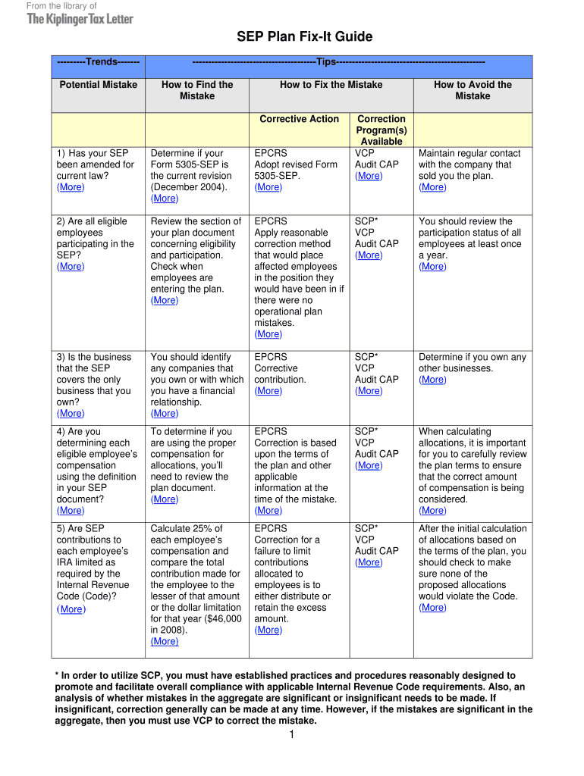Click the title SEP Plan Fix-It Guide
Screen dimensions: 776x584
pos(294,37)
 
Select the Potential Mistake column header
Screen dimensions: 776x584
pos(99,85)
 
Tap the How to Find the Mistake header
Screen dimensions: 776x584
pos(197,90)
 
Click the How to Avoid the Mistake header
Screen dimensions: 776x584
pos(473,90)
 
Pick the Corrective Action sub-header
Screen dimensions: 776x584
pos(300,119)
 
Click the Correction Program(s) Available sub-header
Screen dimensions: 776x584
pos(381,130)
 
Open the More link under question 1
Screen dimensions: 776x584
pos(71,187)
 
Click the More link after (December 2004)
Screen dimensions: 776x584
pos(165,199)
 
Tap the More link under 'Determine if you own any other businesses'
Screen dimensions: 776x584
pos(432,380)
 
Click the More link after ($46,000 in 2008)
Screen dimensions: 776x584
pos(165,641)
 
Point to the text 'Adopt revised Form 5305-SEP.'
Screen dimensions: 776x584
pos(296,171)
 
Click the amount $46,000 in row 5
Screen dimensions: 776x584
pos(221,619)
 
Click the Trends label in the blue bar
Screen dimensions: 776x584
pos(99,61)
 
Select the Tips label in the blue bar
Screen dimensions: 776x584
pos(328,61)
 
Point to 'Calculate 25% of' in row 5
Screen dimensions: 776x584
pos(187,529)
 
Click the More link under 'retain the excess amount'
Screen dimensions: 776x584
pos(268,630)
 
